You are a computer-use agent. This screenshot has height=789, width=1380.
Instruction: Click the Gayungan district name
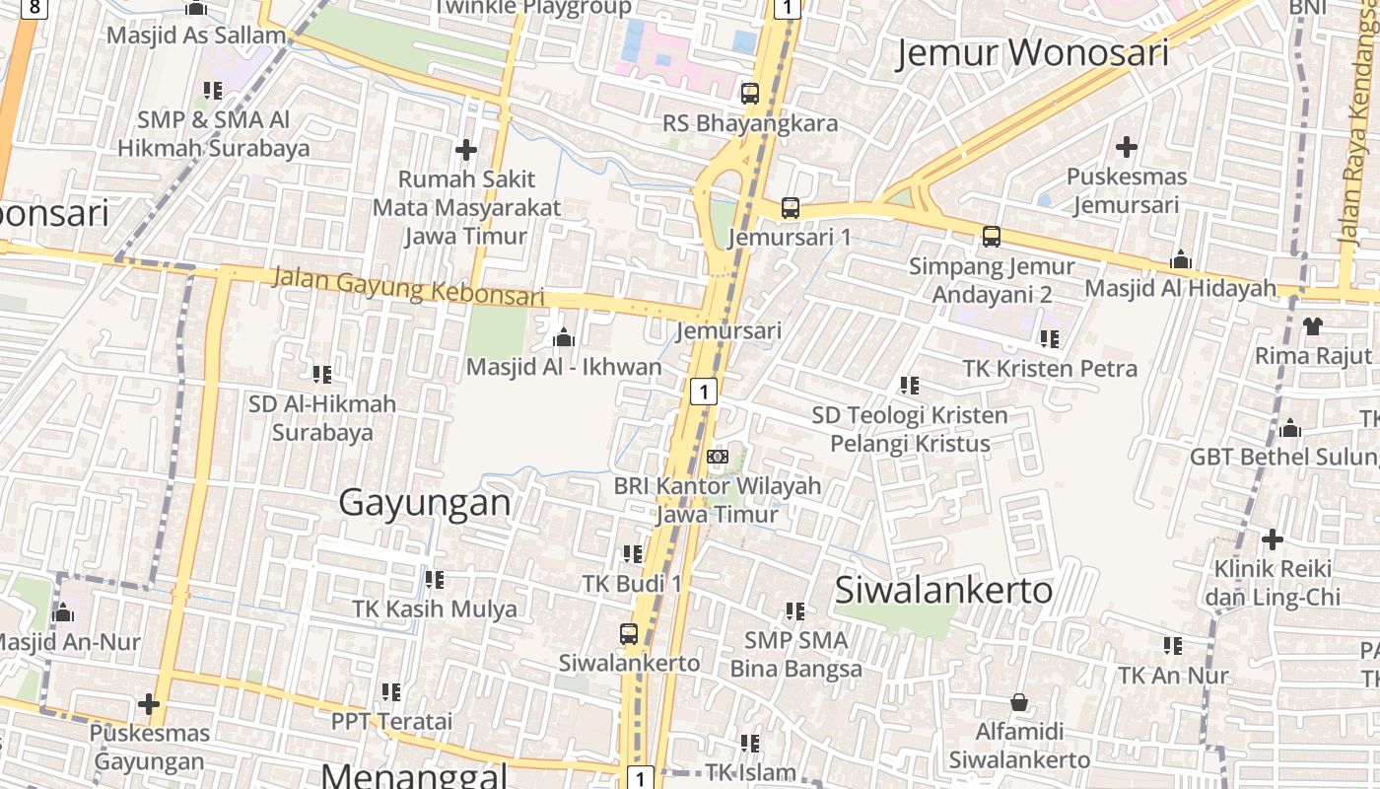click(425, 503)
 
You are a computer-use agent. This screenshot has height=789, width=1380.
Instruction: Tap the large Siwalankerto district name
click(943, 590)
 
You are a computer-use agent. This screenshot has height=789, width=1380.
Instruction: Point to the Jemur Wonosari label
click(1032, 53)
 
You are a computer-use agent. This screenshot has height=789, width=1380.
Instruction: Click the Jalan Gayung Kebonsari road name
click(407, 286)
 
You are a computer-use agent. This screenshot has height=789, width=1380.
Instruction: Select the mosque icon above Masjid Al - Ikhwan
click(564, 338)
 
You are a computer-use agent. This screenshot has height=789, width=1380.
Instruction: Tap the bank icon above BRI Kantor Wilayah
click(718, 457)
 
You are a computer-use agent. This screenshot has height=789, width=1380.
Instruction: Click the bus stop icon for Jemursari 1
click(791, 208)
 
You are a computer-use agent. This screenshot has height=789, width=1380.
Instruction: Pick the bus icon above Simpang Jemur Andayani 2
click(992, 237)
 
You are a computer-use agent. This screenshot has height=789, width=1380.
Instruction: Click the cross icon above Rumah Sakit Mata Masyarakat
click(466, 150)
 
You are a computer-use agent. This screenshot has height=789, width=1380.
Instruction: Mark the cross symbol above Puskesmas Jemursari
click(1126, 148)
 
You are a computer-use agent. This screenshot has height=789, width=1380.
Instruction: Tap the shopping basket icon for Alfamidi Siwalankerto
click(1019, 702)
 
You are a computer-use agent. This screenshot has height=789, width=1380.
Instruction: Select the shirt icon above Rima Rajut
click(1312, 325)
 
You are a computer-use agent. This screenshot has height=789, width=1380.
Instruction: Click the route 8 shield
click(35, 8)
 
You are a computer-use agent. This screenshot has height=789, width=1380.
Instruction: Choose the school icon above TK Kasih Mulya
click(434, 580)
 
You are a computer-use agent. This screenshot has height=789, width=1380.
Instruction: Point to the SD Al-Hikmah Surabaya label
click(322, 418)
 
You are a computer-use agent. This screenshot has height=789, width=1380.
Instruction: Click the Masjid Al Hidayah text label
click(1180, 288)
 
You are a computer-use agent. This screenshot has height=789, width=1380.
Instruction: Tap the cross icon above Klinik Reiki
click(1273, 539)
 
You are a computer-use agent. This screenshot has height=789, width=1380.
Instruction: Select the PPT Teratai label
click(391, 721)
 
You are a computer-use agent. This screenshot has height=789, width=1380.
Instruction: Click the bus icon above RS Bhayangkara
click(750, 94)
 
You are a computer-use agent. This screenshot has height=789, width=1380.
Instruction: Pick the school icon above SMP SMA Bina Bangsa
click(794, 611)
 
